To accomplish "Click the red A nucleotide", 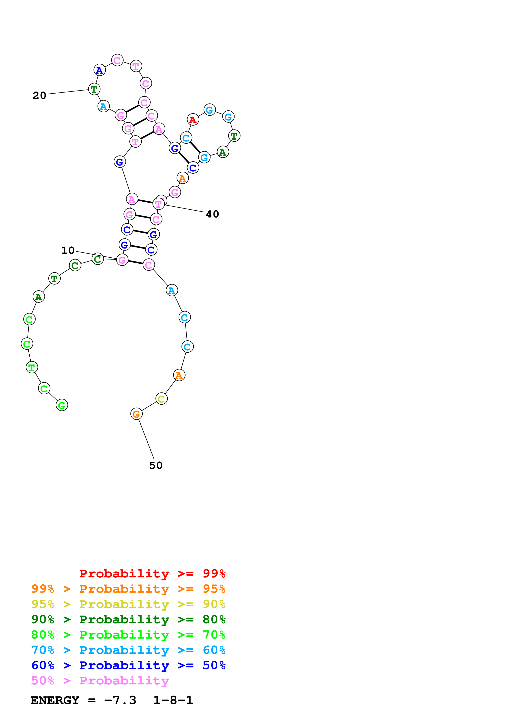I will coord(193,120).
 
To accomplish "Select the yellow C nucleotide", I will coord(161,399).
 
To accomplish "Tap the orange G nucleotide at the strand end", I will coord(136,414).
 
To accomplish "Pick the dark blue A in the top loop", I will coord(99,70).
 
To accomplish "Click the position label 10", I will coord(68,250).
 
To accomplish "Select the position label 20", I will coord(39,96).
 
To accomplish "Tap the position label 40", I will coord(212,214).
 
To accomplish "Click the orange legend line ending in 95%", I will coord(128,589).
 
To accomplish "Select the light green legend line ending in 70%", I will coord(128,635).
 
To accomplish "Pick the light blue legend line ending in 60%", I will coord(128,650).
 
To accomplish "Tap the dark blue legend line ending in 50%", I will coord(128,665).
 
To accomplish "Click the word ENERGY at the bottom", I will coord(55,700).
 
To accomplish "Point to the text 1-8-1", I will coord(173,700).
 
